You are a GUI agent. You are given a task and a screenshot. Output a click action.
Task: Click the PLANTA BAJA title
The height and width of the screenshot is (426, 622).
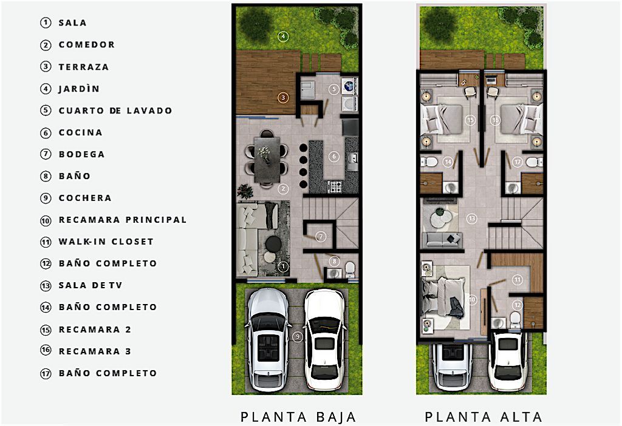(x=298, y=417)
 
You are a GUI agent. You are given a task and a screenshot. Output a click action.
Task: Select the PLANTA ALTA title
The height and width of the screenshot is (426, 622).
(x=484, y=417)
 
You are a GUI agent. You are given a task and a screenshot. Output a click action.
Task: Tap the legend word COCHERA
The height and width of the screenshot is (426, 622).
(x=85, y=198)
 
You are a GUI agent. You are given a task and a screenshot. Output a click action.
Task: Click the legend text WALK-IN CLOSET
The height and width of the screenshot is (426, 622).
(x=106, y=242)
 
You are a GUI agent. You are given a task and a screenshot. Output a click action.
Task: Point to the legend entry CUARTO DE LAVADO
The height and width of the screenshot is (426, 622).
(x=115, y=110)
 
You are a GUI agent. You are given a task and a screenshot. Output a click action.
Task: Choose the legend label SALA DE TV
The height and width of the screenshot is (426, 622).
(x=91, y=285)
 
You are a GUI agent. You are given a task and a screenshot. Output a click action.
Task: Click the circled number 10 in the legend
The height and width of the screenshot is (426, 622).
(x=46, y=220)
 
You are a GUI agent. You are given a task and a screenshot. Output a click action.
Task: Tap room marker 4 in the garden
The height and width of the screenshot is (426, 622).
(x=283, y=36)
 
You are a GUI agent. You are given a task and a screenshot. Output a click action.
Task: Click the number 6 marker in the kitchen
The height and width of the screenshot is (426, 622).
(x=334, y=157)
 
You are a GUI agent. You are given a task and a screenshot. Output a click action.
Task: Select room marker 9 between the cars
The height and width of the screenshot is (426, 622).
(x=298, y=337)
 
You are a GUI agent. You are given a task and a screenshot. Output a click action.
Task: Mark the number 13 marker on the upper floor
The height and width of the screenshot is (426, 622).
(x=471, y=218)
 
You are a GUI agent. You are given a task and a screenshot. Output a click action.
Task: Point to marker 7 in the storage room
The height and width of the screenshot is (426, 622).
(x=321, y=237)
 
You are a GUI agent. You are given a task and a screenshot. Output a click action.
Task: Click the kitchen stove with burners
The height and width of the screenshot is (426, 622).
(x=335, y=186)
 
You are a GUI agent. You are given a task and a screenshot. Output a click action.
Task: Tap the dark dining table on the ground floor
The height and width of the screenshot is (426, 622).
(x=267, y=159)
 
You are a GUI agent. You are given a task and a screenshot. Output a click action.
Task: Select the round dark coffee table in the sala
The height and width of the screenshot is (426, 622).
(x=273, y=243)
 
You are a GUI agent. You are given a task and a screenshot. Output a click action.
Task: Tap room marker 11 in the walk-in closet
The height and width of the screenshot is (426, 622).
(x=518, y=280)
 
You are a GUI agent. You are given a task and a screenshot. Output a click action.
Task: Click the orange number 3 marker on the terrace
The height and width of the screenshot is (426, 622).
(x=283, y=98)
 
